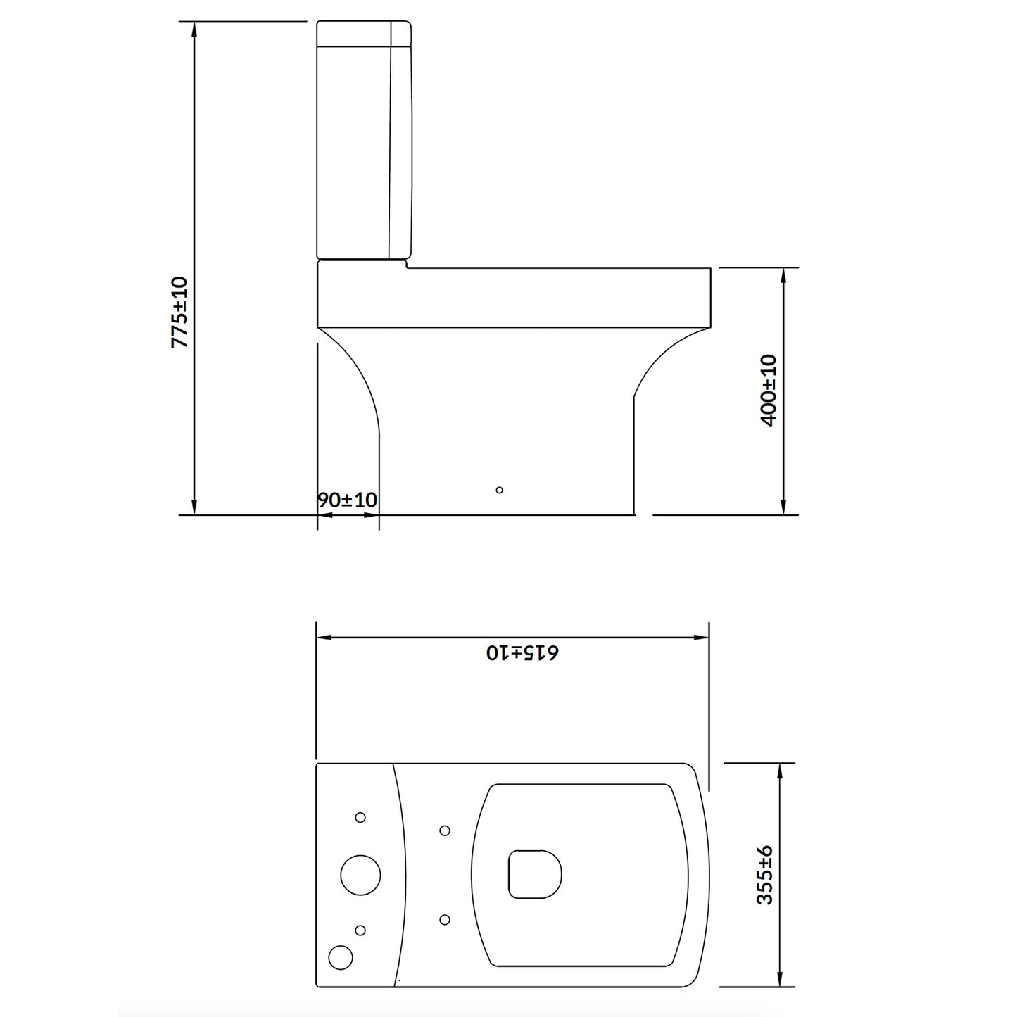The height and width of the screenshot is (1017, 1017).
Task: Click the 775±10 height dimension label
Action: click(x=180, y=312)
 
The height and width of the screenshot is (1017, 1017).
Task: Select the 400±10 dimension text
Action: click(x=769, y=390)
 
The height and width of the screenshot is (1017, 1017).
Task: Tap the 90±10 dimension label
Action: click(x=348, y=500)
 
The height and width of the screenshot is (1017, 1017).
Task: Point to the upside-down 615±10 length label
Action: click(x=522, y=652)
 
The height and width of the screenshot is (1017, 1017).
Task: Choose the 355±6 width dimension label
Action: click(x=765, y=875)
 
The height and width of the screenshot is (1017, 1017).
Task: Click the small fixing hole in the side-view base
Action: click(x=500, y=490)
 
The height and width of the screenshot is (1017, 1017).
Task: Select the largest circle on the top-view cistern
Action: click(x=360, y=875)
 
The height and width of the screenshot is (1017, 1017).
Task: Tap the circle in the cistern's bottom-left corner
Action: click(x=341, y=955)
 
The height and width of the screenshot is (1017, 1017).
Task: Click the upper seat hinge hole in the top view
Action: click(x=445, y=830)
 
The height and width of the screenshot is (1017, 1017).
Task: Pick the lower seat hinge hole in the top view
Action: click(x=445, y=919)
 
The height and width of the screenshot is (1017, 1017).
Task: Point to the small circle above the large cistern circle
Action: click(x=360, y=817)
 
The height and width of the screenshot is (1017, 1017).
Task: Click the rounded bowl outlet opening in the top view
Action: click(x=535, y=873)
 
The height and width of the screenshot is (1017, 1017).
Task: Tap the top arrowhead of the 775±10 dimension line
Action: click(x=194, y=28)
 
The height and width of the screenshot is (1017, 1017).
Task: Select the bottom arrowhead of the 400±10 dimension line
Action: click(x=783, y=508)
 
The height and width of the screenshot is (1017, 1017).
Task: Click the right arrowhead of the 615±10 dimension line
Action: click(x=702, y=638)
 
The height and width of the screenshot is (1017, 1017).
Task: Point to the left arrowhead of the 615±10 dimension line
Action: click(x=324, y=638)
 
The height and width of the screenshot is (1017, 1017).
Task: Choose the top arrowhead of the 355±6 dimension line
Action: click(x=779, y=770)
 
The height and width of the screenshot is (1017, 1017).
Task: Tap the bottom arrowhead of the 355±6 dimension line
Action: click(x=779, y=980)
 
